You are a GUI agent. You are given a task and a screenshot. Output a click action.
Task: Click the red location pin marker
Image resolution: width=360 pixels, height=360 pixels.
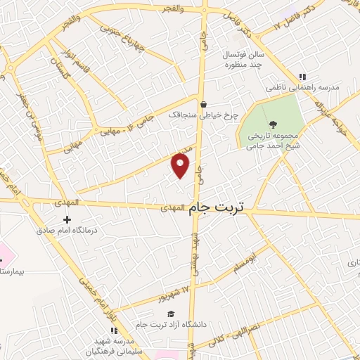[181, 165]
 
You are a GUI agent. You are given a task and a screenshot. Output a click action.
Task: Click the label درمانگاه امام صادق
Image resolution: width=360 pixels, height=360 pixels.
[67, 229]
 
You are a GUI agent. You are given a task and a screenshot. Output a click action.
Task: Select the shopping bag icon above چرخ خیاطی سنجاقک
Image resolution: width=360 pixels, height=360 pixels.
[202, 103]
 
